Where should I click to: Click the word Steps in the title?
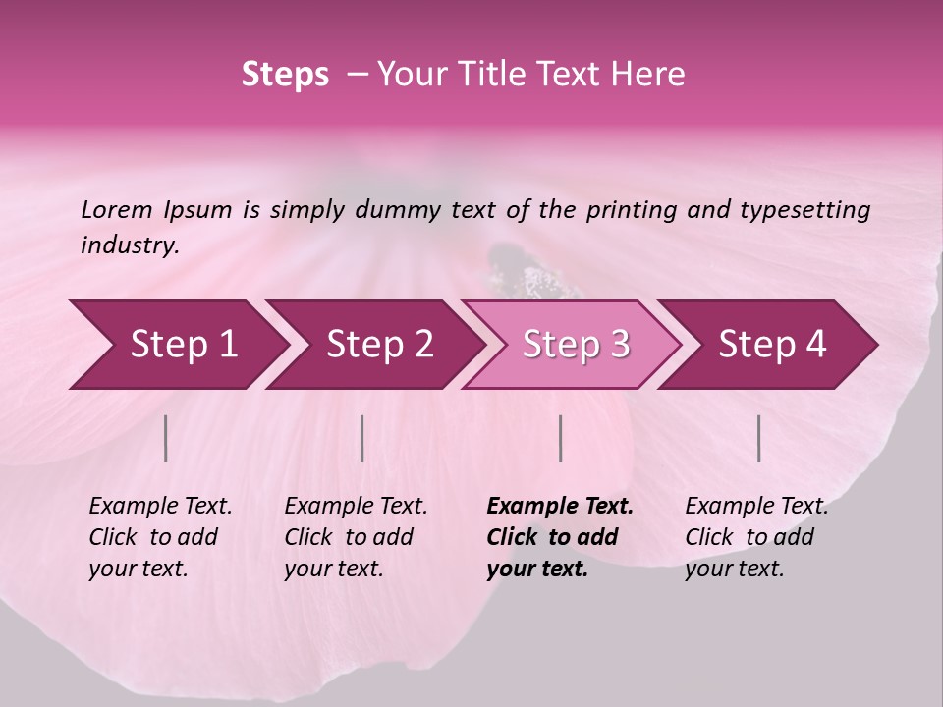pyautogui.click(x=285, y=75)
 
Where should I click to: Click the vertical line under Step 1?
pyautogui.click(x=166, y=438)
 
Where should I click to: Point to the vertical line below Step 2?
pyautogui.click(x=362, y=438)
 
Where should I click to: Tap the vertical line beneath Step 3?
pyautogui.click(x=560, y=438)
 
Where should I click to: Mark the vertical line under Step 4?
pyautogui.click(x=758, y=438)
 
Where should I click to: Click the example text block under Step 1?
pyautogui.click(x=160, y=537)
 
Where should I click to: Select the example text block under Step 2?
pyautogui.click(x=356, y=537)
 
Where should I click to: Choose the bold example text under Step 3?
pyautogui.click(x=560, y=537)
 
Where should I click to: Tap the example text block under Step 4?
pyautogui.click(x=756, y=537)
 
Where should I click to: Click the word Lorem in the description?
pyautogui.click(x=117, y=209)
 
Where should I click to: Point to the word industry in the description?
pyautogui.click(x=129, y=245)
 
